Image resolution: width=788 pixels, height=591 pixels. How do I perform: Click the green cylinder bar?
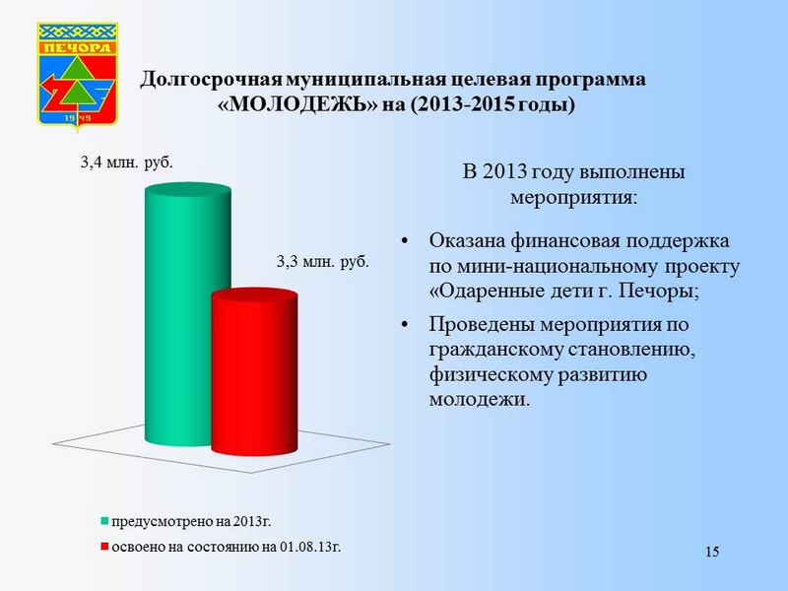[x=187, y=314]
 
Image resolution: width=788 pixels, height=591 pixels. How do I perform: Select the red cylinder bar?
[x=254, y=372]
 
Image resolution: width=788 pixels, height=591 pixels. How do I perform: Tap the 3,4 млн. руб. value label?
[x=127, y=163]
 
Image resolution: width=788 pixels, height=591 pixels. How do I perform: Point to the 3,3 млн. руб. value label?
[x=323, y=261]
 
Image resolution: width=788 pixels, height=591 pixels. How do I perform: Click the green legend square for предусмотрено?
[x=104, y=521]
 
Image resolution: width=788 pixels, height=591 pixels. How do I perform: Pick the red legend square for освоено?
[x=104, y=547]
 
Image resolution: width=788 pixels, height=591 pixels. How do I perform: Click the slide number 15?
[x=712, y=552]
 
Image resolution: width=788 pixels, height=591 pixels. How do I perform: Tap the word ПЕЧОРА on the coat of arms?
[x=78, y=47]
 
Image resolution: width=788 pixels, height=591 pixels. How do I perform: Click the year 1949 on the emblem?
[x=78, y=118]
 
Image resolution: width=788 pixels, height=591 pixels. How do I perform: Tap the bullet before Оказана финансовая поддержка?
[x=405, y=240]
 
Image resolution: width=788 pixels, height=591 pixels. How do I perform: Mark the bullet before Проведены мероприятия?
[x=405, y=325]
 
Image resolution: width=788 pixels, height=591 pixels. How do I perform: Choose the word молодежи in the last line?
[x=480, y=400]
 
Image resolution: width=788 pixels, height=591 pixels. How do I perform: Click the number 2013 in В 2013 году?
[x=504, y=171]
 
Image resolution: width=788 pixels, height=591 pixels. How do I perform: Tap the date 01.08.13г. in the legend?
[x=310, y=547]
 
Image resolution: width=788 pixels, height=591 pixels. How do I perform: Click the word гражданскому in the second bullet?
[x=496, y=351]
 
